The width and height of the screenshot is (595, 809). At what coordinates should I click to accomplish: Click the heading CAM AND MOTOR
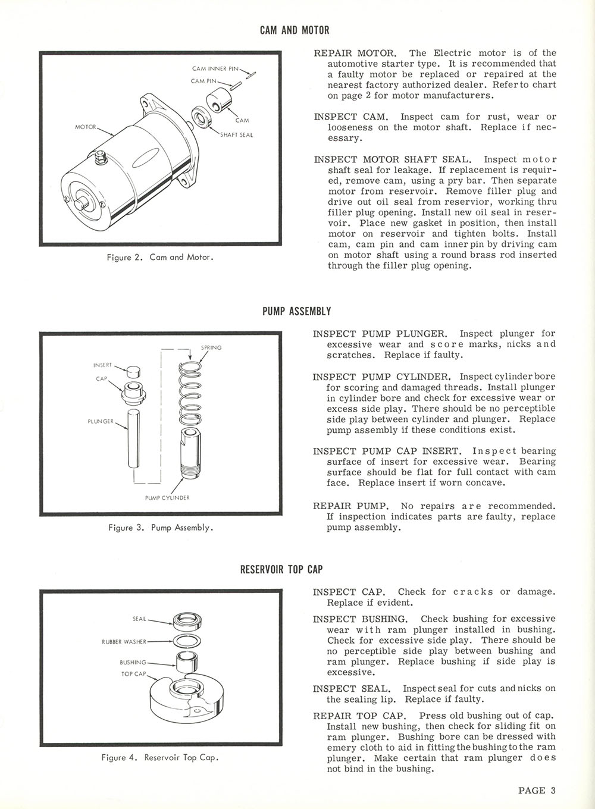294,30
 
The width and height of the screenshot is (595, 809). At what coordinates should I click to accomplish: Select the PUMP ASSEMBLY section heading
296,311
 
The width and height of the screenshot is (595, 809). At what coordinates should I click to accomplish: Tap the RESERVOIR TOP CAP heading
281,569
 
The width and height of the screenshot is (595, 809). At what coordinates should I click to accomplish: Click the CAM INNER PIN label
215,68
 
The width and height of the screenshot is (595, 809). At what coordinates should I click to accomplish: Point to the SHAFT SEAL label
236,135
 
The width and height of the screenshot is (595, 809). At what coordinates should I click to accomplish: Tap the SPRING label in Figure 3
211,347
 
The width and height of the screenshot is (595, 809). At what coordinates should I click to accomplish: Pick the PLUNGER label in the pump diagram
101,421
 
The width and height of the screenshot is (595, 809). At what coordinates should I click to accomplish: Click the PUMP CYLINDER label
167,497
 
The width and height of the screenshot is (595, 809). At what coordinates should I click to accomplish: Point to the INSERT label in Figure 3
102,365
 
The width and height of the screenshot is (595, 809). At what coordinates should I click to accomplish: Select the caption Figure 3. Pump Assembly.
161,528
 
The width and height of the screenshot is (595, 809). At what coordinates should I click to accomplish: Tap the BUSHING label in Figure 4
133,662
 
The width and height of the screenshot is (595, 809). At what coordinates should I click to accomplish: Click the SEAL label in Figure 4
139,619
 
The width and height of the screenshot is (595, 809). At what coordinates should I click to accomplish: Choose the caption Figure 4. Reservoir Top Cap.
160,758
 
